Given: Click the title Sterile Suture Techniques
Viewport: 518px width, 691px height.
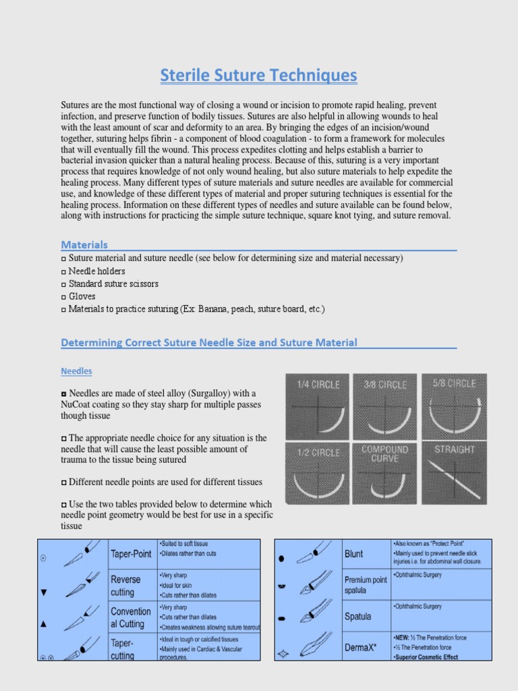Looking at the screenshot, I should pos(258,76).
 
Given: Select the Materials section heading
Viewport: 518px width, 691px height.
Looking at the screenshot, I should pos(84,244).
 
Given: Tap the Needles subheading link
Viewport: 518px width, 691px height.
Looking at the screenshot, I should pos(76,371).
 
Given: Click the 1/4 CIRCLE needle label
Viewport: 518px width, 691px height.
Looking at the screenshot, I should pos(318,385).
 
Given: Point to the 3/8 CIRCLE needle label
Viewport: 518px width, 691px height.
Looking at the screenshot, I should pos(385,385).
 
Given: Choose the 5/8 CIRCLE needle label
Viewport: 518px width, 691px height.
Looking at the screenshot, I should pos(453,383).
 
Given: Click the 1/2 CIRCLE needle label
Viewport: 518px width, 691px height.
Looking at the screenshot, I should pos(318,452).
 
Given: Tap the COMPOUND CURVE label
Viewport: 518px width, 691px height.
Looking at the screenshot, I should pos(385,453).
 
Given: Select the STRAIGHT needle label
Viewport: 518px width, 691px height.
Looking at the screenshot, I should pos(454,449).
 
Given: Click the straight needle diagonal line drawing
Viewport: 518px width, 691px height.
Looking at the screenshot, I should pos(455,480).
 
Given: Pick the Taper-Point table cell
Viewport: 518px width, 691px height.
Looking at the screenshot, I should pos(130,554).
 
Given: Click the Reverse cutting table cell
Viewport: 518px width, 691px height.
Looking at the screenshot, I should pos(125,586).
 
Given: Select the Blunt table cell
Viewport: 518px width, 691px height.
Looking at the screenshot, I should pos(353,554).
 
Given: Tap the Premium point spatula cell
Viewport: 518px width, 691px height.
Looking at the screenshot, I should pos(366,585).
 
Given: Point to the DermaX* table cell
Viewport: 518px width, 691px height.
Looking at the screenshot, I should pos(362,646).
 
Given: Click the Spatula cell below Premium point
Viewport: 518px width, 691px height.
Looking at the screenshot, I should pos(359,616).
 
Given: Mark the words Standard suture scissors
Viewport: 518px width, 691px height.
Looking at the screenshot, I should pos(114,284).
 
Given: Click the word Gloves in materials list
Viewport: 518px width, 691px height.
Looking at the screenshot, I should pos(82,296).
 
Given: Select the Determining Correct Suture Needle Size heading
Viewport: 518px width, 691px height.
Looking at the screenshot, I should pos(209,343).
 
